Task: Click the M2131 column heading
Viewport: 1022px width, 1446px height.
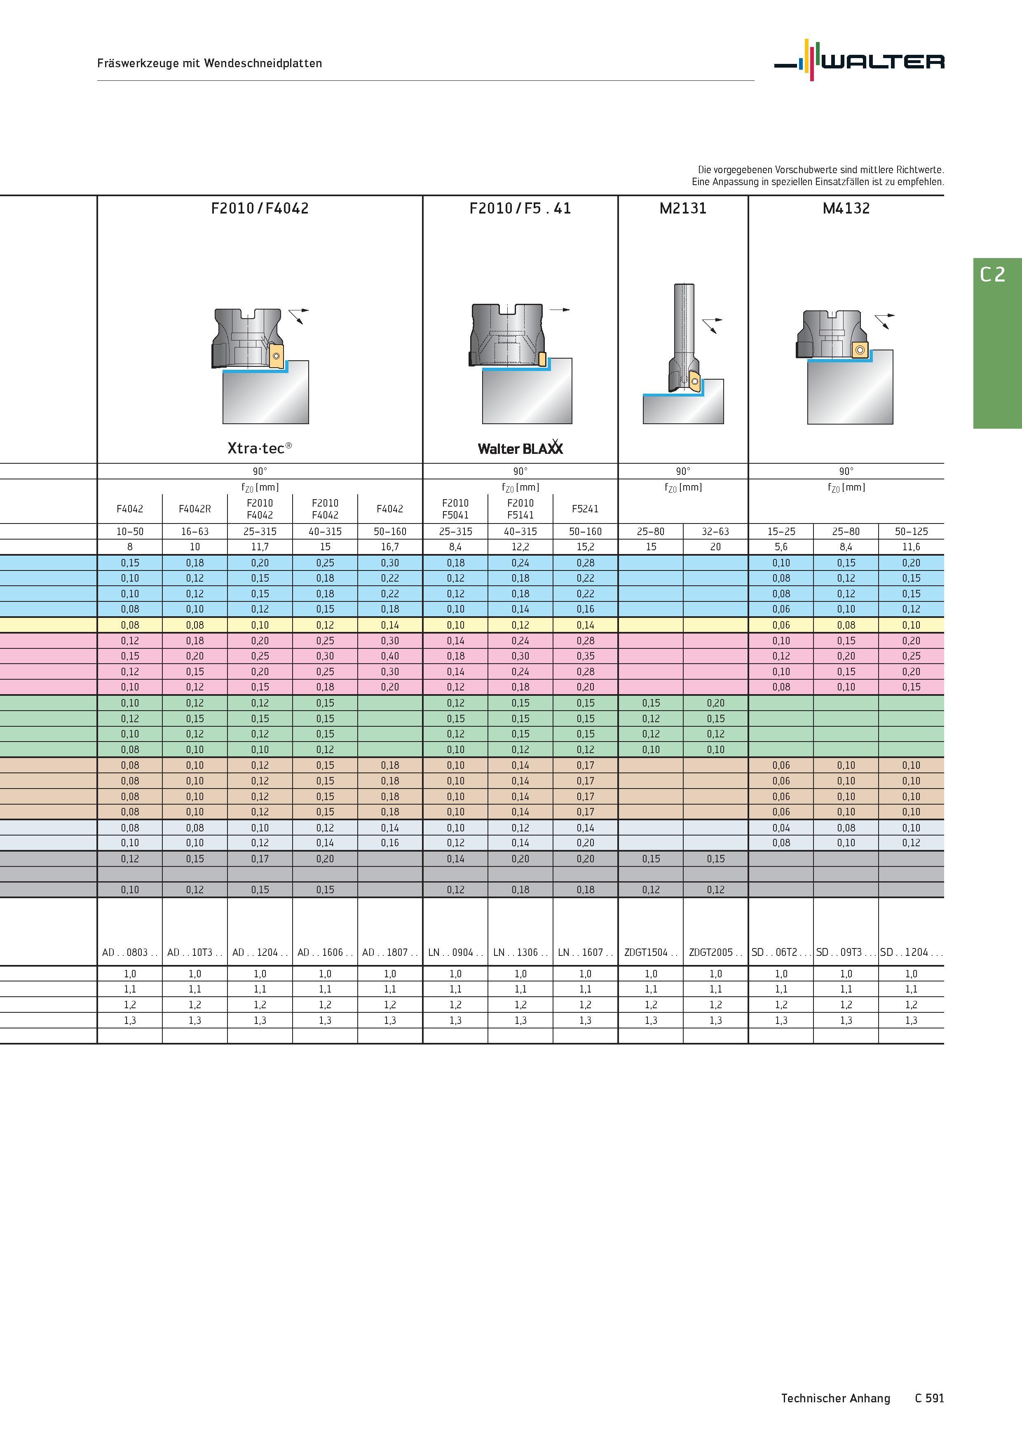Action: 683,209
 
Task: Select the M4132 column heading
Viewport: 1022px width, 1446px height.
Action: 846,209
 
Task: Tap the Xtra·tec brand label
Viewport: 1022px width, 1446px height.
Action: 260,448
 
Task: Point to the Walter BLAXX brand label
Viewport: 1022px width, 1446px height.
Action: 520,447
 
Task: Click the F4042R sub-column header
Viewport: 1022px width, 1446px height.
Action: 195,509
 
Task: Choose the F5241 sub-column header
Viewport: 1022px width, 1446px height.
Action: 585,509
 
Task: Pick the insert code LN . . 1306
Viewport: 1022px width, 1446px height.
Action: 520,952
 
